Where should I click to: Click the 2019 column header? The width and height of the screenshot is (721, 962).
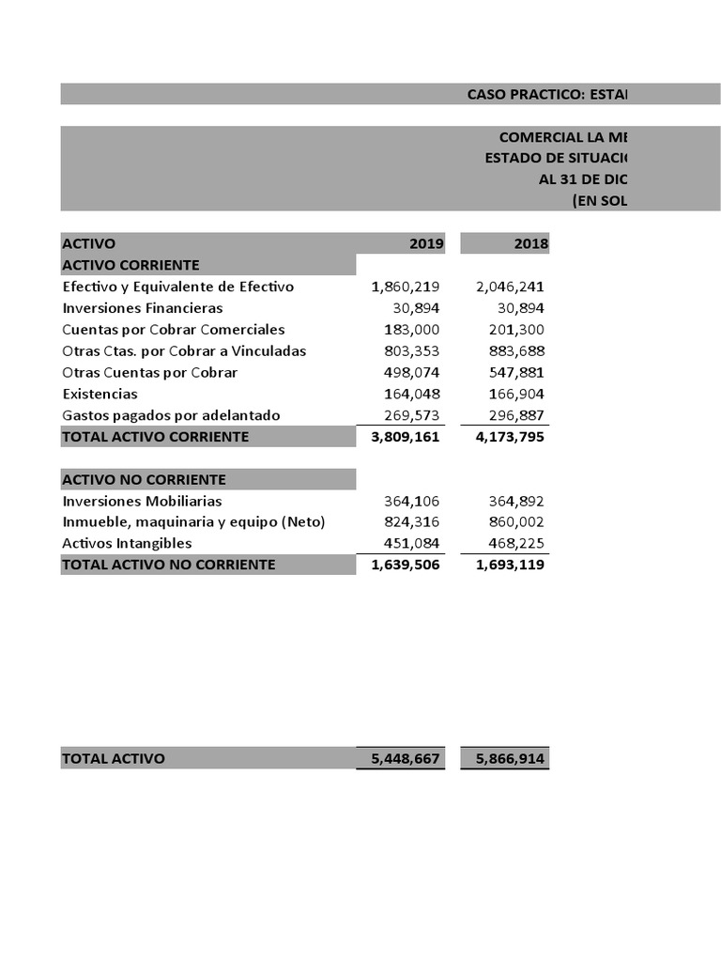point(426,244)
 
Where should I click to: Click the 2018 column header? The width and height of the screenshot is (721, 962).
point(530,244)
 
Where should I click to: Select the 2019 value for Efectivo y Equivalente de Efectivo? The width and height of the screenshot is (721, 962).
point(406,287)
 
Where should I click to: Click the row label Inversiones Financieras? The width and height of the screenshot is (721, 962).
point(143,308)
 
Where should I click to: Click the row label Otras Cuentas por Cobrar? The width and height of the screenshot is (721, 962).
point(150,373)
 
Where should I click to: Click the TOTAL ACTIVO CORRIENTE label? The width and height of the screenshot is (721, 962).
point(156,437)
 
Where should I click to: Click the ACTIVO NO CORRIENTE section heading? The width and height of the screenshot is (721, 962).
point(144,480)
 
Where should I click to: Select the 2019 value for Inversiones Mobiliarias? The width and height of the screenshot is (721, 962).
point(412,502)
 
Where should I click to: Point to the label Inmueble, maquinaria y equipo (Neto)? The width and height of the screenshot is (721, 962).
point(193,522)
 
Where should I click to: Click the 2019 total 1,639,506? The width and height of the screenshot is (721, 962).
point(406,565)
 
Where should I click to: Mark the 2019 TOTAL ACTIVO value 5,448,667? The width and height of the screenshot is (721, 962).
point(406,759)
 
